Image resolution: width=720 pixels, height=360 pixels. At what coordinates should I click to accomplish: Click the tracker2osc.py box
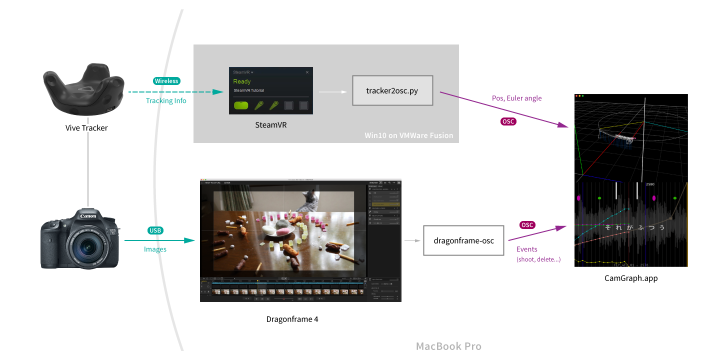[392, 90]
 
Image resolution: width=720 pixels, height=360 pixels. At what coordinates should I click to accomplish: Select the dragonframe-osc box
[463, 240]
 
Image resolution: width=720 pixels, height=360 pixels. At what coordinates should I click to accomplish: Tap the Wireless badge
[166, 81]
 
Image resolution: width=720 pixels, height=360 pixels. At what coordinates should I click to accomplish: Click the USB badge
[155, 230]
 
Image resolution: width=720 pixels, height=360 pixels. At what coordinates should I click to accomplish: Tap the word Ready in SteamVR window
[242, 81]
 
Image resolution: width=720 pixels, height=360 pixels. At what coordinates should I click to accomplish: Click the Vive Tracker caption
[86, 128]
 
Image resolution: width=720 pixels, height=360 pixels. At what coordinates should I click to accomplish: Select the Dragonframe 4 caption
[292, 319]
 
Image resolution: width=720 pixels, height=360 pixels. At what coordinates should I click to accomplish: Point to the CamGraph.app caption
[631, 278]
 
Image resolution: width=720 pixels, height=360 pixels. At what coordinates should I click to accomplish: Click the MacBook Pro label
[448, 346]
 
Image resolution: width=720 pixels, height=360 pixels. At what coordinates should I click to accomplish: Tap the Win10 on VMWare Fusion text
[409, 135]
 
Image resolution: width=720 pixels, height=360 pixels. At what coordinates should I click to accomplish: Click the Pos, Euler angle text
[517, 98]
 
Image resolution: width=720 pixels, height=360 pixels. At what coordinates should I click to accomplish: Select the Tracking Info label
[166, 101]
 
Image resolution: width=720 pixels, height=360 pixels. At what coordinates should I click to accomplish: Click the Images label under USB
[155, 249]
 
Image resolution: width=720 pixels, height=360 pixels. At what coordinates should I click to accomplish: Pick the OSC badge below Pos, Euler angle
[508, 121]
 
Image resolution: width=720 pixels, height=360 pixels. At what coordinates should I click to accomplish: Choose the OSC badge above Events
[527, 225]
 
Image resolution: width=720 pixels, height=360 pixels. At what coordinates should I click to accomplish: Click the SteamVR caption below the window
[270, 125]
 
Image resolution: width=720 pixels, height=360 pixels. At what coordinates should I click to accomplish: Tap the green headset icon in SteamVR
[241, 105]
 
